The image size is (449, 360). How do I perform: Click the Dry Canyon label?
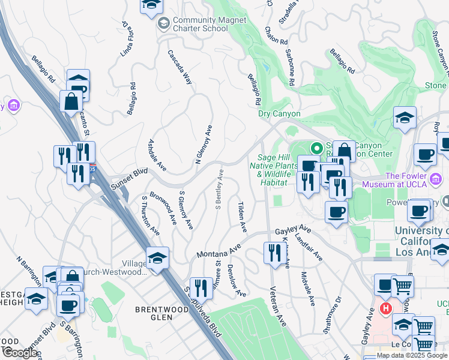279,113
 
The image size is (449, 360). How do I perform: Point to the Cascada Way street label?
179,67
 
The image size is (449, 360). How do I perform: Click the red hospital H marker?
385,310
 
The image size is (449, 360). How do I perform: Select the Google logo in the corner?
20,353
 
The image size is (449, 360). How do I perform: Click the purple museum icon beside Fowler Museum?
436,178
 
